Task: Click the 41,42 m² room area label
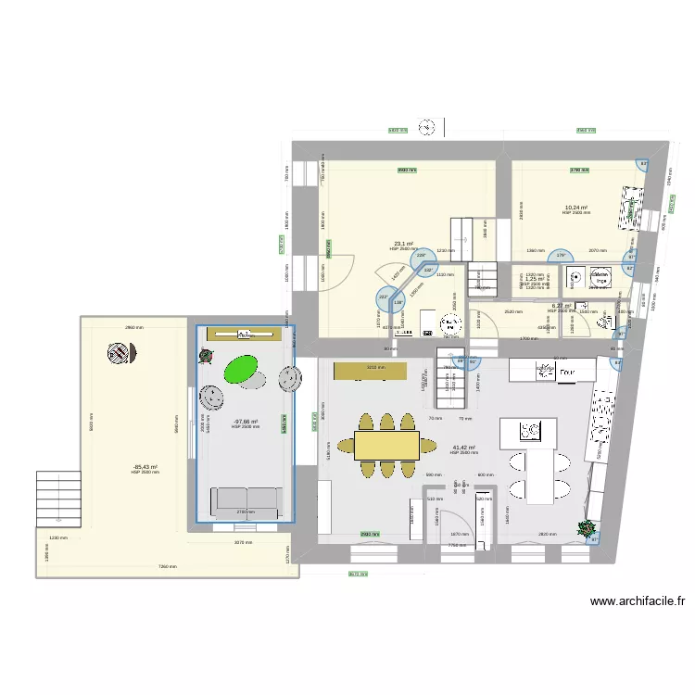click(x=463, y=448)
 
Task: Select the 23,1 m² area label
click(x=401, y=245)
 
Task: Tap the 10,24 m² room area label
click(x=575, y=208)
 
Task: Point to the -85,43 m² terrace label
click(x=145, y=467)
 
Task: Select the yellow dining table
click(x=386, y=447)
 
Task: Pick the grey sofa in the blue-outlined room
click(x=246, y=500)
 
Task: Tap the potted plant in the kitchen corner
click(x=586, y=529)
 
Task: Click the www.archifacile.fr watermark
click(x=638, y=601)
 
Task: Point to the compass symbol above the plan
click(x=427, y=126)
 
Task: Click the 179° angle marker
click(x=559, y=257)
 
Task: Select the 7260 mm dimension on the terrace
click(x=166, y=566)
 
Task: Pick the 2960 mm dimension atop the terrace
click(x=135, y=327)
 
